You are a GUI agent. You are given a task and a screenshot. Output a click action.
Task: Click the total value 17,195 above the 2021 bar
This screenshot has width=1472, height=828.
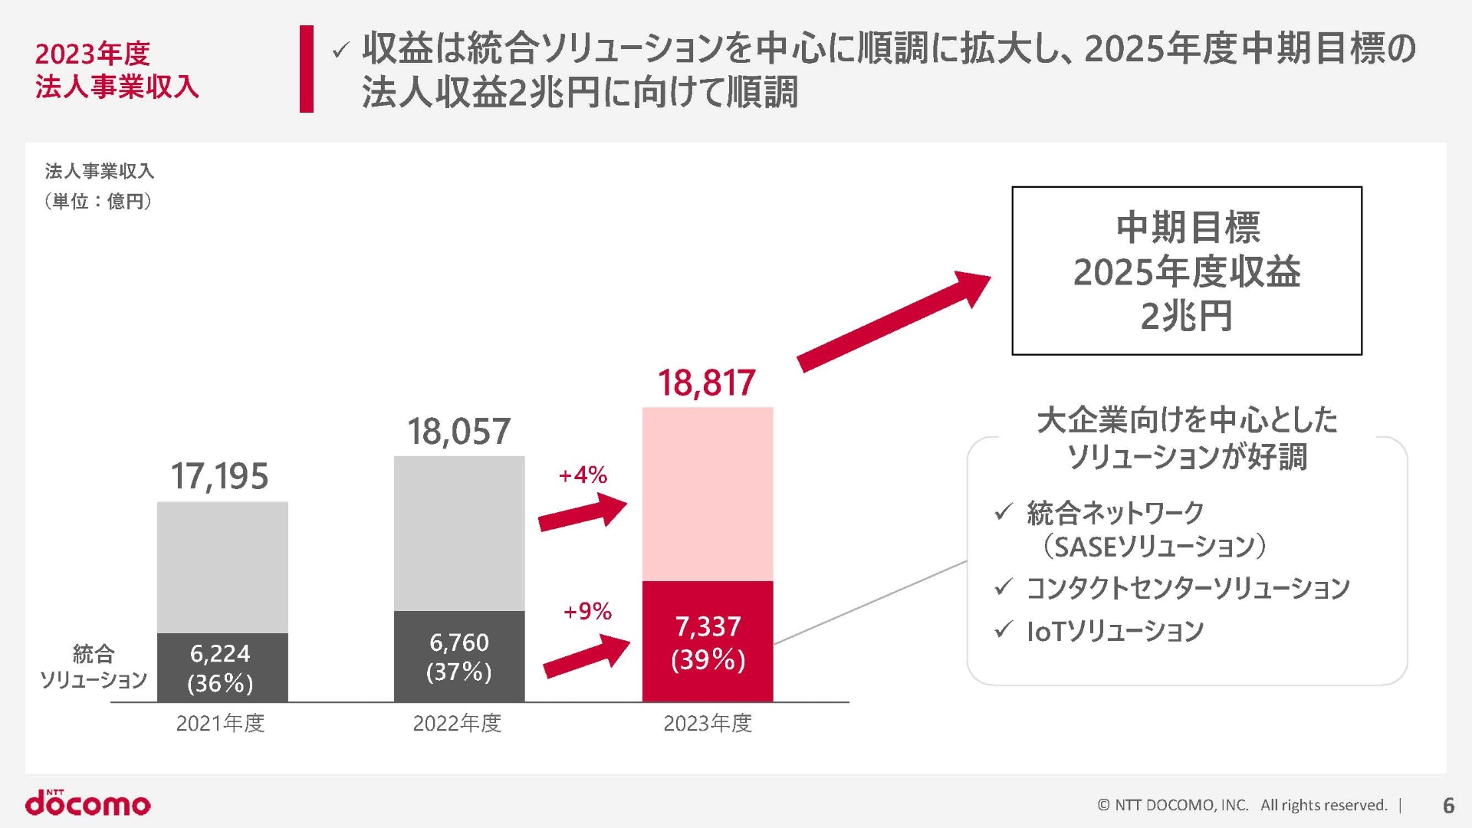point(219,476)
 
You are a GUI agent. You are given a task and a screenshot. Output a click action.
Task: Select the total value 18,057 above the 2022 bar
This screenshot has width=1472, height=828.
point(458,432)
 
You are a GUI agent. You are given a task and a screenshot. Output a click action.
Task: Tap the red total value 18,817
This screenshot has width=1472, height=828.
point(707,383)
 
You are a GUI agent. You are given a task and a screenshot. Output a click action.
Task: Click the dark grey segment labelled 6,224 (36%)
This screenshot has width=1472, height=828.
point(222,667)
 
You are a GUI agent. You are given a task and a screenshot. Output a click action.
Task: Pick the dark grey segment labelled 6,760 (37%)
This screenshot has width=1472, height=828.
point(458,656)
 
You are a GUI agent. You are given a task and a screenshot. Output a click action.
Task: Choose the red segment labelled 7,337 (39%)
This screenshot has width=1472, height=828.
point(707,642)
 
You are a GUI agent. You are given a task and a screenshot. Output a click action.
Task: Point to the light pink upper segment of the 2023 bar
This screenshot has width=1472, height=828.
point(707,494)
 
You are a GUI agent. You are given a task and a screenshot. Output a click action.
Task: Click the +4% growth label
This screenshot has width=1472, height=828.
point(583,475)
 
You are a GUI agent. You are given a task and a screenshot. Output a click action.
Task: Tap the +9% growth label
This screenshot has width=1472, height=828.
point(587,611)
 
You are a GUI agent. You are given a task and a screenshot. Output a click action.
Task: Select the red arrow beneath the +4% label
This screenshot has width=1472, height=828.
point(583,512)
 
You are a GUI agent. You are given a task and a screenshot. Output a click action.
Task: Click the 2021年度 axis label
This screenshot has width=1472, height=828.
point(220,723)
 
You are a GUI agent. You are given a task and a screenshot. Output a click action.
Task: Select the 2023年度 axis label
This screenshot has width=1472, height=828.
point(707,723)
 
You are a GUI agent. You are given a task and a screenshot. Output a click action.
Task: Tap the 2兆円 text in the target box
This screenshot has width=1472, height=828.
point(1186,316)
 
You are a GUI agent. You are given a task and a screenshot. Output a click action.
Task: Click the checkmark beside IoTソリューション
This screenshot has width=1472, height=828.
point(1003,629)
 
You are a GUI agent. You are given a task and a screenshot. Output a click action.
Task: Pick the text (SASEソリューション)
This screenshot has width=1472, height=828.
point(1154,547)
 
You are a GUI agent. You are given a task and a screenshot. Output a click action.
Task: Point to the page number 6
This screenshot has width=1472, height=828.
point(1448,805)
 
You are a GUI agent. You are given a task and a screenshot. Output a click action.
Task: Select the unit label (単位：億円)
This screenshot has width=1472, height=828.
point(99,202)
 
